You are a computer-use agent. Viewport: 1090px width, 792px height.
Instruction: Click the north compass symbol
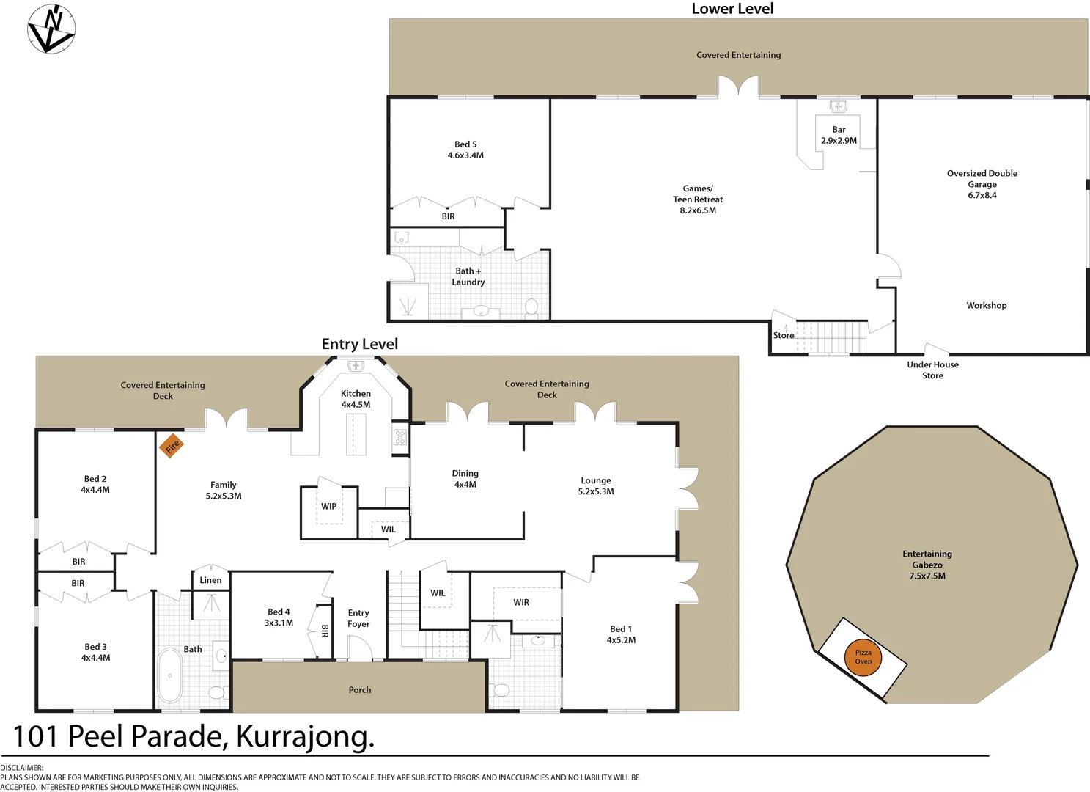tap(51, 29)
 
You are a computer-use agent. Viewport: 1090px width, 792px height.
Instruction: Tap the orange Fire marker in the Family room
tap(172, 445)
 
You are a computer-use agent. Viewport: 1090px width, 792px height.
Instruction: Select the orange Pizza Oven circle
tap(863, 657)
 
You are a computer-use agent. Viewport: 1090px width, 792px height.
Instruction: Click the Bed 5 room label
tap(465, 150)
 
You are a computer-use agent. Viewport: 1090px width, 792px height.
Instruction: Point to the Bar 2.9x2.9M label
tap(839, 135)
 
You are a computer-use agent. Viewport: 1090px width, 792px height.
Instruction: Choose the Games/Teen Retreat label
tap(698, 199)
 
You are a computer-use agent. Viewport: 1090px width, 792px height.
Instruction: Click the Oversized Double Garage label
tap(982, 184)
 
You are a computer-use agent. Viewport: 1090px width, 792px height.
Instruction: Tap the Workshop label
tap(986, 305)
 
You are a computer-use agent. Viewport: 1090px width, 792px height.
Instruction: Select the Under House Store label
tap(932, 370)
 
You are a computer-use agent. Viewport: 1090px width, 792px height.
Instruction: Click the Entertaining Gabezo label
tap(927, 565)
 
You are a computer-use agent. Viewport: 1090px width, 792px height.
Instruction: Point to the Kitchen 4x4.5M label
tap(356, 399)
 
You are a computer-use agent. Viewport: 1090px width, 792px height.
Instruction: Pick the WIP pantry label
tap(328, 506)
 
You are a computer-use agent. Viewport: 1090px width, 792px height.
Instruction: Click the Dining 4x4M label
tap(465, 479)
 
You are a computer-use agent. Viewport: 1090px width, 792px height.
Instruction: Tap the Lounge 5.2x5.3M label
tap(595, 485)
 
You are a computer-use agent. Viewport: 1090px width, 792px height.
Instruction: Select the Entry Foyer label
tap(358, 618)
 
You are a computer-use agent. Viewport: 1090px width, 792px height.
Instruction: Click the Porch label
tap(359, 689)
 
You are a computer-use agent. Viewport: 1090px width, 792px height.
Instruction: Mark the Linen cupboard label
tap(210, 580)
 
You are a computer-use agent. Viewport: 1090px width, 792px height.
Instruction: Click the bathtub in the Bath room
tap(170, 675)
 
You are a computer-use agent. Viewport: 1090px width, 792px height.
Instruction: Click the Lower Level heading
tap(732, 9)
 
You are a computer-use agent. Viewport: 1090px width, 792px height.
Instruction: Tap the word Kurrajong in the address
tap(304, 736)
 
